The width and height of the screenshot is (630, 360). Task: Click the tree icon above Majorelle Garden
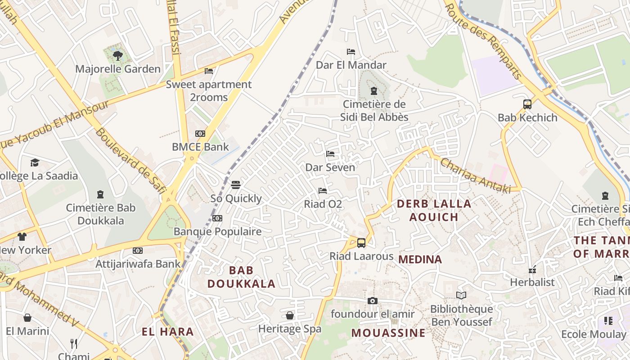117,56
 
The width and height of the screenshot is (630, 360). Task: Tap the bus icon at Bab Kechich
527,104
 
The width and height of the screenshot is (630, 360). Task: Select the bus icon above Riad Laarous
361,243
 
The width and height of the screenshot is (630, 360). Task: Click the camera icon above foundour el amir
372,301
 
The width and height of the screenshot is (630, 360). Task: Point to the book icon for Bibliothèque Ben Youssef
461,296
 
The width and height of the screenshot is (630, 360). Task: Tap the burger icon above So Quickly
235,185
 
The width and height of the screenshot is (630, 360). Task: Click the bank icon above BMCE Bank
200,134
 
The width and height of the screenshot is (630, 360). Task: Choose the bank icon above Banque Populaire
217,218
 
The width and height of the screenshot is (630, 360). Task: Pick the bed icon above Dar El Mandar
351,52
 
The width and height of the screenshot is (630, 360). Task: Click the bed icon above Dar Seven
330,154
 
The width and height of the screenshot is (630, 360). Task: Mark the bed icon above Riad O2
323,191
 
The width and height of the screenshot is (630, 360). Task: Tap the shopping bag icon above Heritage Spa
290,315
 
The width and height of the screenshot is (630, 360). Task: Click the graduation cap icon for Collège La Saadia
35,162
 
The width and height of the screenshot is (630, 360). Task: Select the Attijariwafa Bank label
138,264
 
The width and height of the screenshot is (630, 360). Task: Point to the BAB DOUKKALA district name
241,277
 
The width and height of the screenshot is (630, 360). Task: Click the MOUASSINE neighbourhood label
388,333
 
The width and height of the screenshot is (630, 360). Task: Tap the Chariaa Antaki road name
475,175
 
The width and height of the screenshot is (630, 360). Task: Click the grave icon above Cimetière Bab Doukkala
100,194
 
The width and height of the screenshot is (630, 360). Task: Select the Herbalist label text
532,282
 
